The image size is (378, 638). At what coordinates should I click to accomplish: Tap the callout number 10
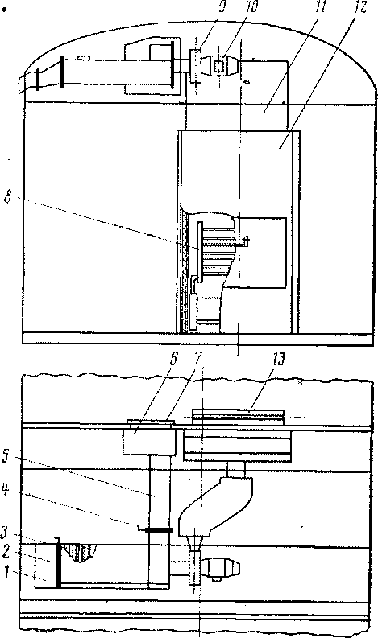[252, 7]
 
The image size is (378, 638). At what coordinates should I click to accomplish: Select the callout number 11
[322, 7]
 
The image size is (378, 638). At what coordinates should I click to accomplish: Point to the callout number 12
[360, 7]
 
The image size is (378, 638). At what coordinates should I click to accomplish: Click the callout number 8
[9, 199]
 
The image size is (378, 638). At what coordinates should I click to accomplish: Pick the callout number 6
[172, 360]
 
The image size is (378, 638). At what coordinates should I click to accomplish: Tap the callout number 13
[279, 360]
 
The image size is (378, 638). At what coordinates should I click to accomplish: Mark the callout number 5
[6, 458]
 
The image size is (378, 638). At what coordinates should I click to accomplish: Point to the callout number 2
[5, 553]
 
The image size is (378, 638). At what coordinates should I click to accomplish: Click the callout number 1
[6, 573]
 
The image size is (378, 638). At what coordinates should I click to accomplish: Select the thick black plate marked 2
[58, 563]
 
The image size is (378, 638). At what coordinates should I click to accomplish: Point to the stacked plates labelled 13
[238, 418]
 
